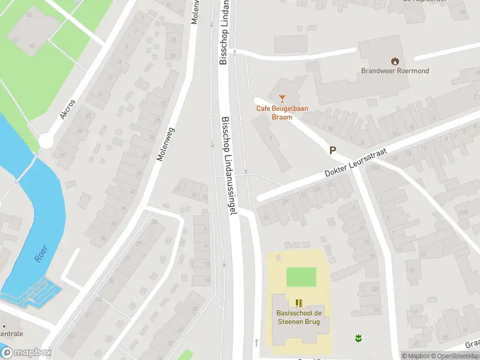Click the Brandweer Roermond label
click(x=394, y=70)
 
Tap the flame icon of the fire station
click(x=394, y=60)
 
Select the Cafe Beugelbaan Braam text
click(x=274, y=112)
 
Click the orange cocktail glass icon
click(x=282, y=98)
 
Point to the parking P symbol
click(x=332, y=151)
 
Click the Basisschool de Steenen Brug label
click(x=298, y=317)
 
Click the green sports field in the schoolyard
click(x=301, y=277)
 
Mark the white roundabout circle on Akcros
click(x=46, y=142)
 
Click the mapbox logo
click(x=26, y=353)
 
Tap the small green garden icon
click(x=358, y=338)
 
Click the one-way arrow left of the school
click(x=256, y=343)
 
